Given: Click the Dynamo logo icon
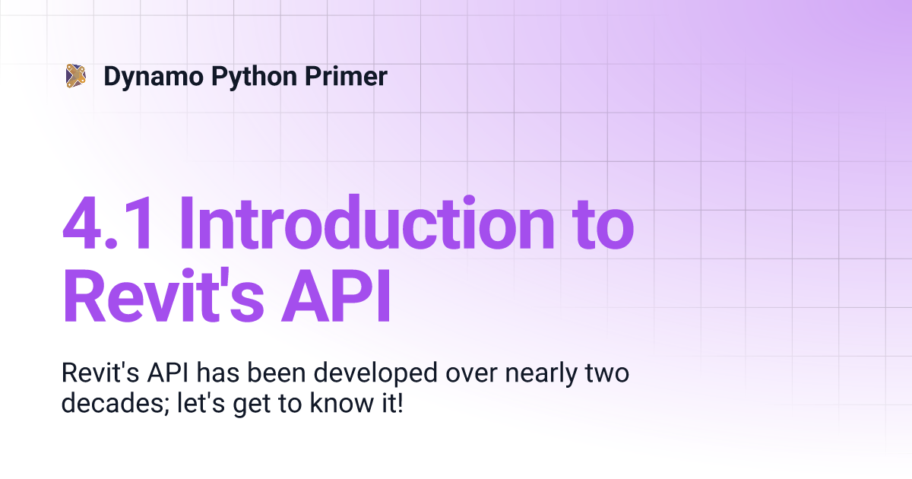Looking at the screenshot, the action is tap(76, 76).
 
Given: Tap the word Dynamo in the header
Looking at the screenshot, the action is tap(154, 77).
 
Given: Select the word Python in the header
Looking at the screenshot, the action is tap(254, 77).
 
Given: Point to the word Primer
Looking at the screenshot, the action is tap(346, 76).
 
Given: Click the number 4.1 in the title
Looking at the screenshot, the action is tap(107, 224).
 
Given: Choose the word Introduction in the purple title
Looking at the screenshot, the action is tap(366, 222).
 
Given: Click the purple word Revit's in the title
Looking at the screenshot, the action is tap(163, 295).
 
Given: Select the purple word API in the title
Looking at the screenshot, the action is tap(336, 296).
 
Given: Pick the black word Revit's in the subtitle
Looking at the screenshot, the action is tap(100, 373).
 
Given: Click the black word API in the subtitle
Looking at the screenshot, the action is tap(167, 373).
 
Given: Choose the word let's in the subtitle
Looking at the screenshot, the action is tap(201, 402).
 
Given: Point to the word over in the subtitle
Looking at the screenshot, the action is tap(471, 375).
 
